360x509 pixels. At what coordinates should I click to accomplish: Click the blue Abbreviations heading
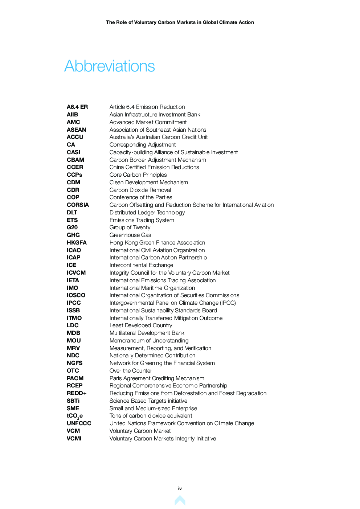110,66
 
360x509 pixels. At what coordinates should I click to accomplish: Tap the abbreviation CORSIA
78,205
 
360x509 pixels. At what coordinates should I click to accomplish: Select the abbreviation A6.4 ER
77,107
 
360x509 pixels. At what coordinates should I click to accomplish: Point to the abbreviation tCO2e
75,416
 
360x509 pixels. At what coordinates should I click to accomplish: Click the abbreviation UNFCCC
79,423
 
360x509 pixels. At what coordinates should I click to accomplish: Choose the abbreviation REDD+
77,393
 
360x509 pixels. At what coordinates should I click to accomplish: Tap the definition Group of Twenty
130,227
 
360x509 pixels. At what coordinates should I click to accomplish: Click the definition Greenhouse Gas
130,235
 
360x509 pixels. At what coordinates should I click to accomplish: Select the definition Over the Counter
131,371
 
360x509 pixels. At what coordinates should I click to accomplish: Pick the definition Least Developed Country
141,325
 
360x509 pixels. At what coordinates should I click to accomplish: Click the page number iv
180,489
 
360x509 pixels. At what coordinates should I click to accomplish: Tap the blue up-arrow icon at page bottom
180,501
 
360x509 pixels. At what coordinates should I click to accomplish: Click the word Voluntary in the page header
145,22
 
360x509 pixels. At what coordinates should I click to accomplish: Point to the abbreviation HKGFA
77,243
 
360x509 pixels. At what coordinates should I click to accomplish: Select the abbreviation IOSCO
76,295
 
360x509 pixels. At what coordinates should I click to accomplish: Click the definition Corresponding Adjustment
143,145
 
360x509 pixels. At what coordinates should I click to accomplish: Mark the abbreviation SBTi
73,401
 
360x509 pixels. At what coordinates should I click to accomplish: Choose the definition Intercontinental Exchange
141,265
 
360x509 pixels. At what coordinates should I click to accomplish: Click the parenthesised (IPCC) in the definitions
228,303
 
